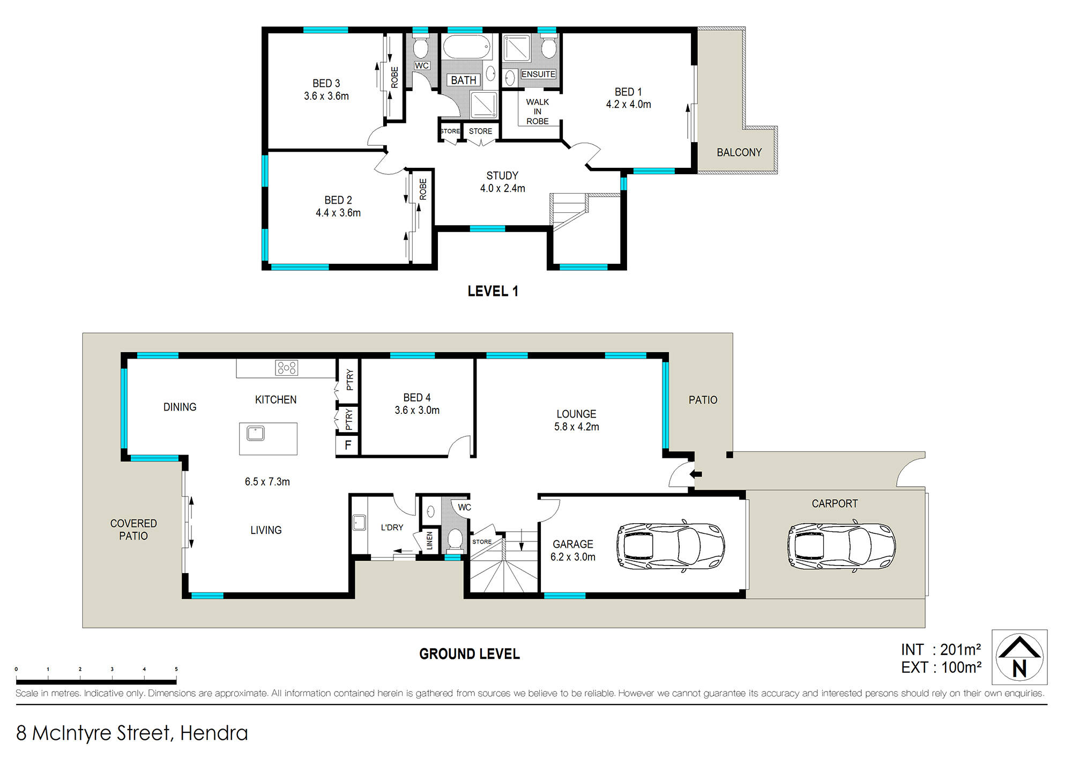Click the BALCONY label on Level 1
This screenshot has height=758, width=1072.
point(739,153)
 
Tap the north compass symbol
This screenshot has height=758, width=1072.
point(1019,657)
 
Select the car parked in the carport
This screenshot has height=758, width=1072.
point(842,546)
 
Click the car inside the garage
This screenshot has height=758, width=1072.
point(671,546)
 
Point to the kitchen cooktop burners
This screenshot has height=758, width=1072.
point(287,368)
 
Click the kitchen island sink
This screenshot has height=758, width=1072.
point(256,433)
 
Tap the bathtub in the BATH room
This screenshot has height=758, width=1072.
point(467,47)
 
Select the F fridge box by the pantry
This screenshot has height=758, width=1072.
point(348,445)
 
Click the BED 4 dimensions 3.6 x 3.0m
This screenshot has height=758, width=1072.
point(417,411)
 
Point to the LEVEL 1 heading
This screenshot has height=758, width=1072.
point(493,291)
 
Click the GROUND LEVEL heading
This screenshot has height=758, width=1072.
point(470,654)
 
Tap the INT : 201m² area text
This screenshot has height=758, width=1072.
point(941,650)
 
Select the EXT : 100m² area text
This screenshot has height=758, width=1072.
point(941,668)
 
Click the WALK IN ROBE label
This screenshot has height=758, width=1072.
point(538,112)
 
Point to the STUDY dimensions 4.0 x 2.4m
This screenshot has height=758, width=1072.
point(503,189)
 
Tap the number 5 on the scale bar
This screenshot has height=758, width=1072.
point(176,669)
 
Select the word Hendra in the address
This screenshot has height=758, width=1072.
point(214,733)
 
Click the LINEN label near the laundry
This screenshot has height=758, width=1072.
point(429,541)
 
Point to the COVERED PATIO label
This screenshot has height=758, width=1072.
point(133,530)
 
